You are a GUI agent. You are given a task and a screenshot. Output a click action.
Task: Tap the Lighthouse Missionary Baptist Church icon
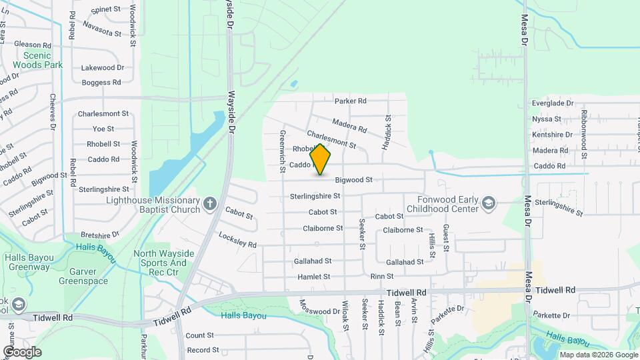210,203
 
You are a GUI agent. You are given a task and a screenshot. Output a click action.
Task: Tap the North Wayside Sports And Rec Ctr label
165,258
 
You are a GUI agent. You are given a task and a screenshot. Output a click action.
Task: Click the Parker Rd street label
351,101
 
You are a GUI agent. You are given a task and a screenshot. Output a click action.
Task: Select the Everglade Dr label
552,103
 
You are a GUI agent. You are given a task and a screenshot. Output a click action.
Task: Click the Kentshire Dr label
552,135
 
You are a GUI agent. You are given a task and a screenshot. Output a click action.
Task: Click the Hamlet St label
314,277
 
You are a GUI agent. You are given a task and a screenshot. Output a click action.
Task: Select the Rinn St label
381,277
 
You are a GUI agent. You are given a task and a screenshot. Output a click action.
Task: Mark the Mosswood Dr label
319,311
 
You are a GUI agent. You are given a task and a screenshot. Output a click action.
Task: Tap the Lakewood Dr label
103,68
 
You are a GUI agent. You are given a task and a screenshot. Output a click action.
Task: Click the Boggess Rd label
101,83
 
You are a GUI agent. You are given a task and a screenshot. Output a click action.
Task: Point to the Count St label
200,335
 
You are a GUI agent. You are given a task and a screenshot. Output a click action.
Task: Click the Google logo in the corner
21,352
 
